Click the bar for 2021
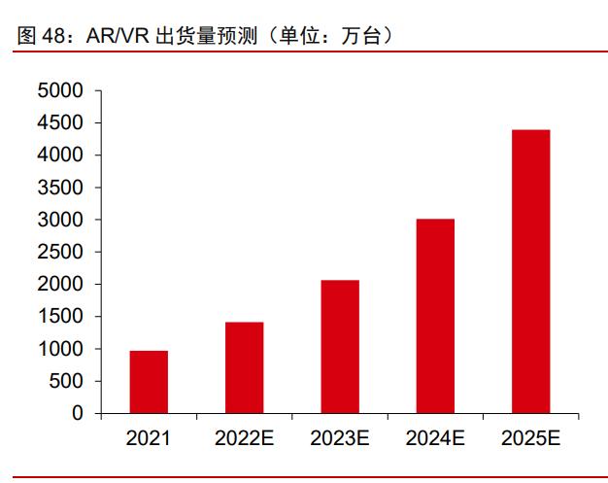(149, 382)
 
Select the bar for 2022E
(245, 367)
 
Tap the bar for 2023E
(340, 347)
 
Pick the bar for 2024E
(435, 316)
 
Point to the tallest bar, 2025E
(530, 271)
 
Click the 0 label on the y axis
(78, 413)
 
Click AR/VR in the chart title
(113, 36)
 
